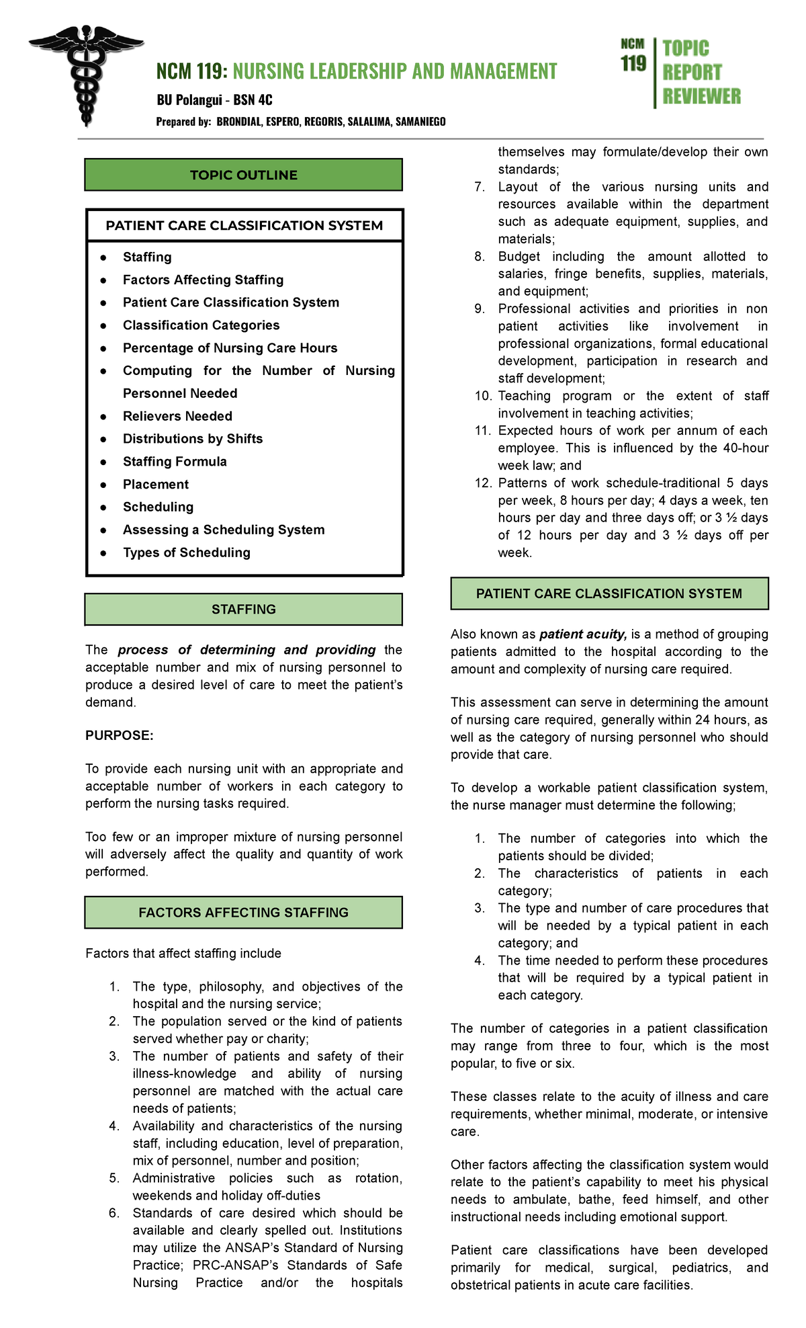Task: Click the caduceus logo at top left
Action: click(x=85, y=74)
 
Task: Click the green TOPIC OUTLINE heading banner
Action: click(x=243, y=175)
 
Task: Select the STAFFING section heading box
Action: click(x=243, y=610)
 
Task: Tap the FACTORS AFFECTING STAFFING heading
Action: click(x=243, y=913)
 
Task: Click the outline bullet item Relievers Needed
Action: click(x=177, y=416)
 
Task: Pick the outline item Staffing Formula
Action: click(x=175, y=462)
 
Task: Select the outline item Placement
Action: click(x=156, y=485)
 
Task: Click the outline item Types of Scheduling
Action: click(x=186, y=552)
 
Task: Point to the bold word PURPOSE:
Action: click(x=120, y=736)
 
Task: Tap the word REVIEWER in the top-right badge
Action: click(x=701, y=97)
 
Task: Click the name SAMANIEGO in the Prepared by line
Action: click(x=420, y=122)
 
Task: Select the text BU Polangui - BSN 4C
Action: click(x=214, y=100)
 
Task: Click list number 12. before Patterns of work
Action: click(x=483, y=483)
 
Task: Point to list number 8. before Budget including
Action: click(x=480, y=257)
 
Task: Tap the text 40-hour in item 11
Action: click(x=746, y=448)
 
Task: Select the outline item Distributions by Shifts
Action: click(x=193, y=439)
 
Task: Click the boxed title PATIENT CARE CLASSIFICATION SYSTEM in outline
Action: click(x=244, y=226)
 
